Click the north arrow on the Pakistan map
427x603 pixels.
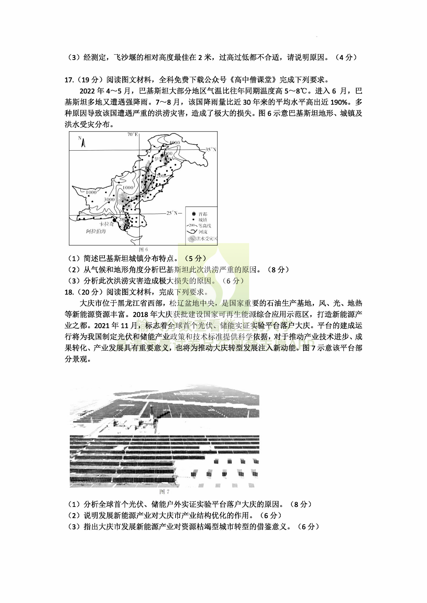[83, 143]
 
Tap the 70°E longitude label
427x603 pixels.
[133, 134]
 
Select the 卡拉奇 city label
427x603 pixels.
[107, 224]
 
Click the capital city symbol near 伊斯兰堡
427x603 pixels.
[162, 156]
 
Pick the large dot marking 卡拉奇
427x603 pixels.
[114, 220]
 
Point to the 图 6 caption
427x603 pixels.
[143, 249]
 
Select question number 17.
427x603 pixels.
[69, 80]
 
